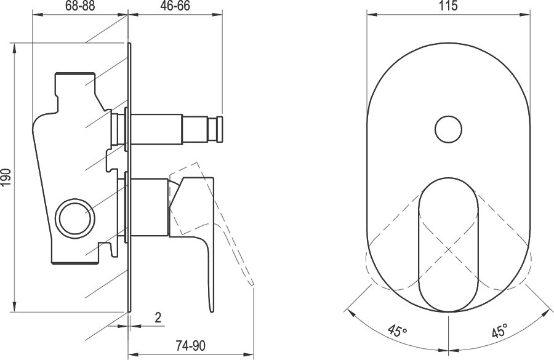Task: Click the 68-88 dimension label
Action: [x=80, y=6]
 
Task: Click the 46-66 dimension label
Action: [x=175, y=6]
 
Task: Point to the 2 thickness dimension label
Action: [x=158, y=318]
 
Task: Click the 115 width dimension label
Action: [x=449, y=6]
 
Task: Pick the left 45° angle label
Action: [x=398, y=330]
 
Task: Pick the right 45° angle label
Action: [x=499, y=331]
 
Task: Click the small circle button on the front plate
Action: [x=449, y=129]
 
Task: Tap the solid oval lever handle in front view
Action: [x=448, y=244]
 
